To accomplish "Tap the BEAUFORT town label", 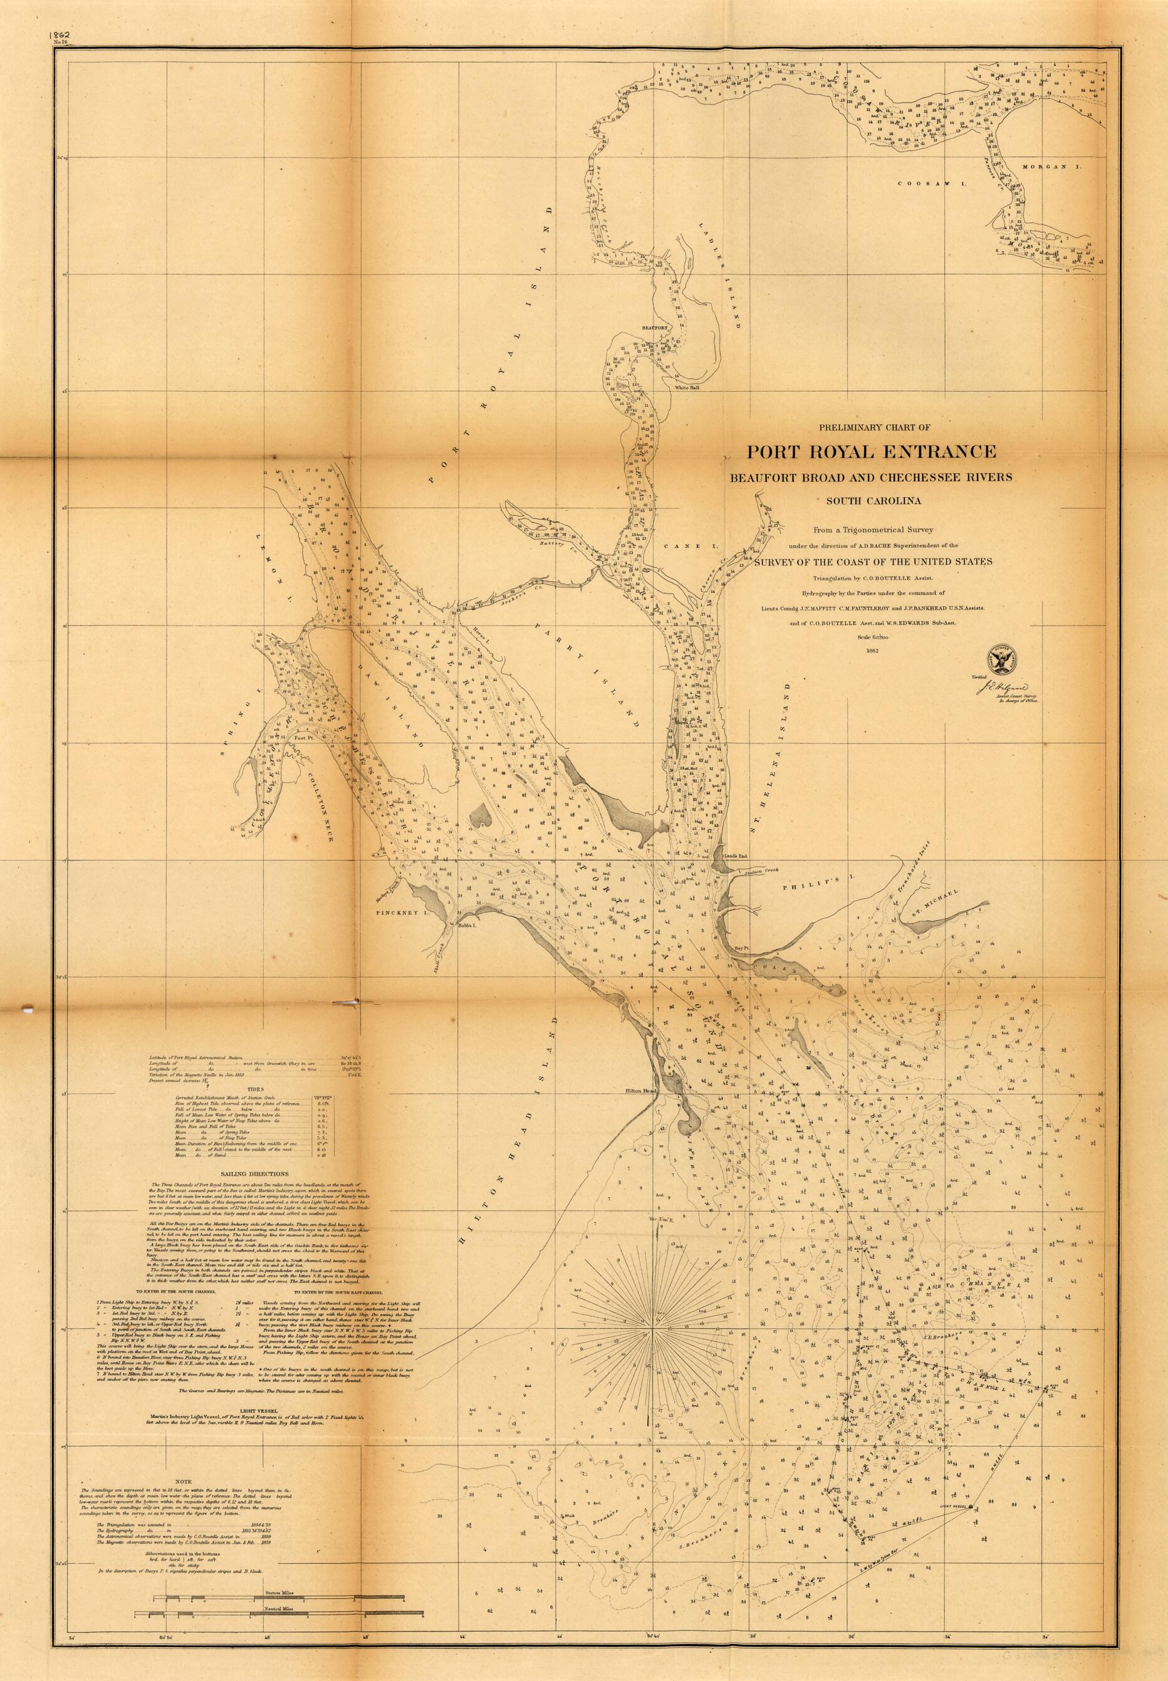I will click(655, 328).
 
